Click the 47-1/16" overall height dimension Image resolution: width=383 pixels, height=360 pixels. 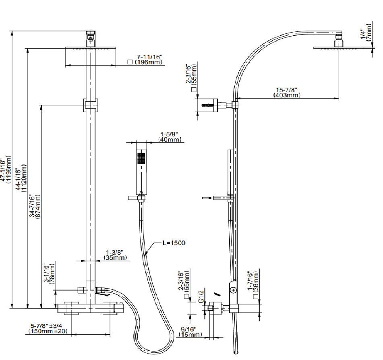coord(6,171)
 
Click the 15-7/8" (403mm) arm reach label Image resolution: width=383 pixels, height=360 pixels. coord(287,93)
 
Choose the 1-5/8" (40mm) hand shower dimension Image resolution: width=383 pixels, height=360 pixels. coord(169,137)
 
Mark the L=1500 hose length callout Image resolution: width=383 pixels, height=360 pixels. coord(174,243)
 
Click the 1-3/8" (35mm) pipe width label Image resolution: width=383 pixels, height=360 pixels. coord(116,255)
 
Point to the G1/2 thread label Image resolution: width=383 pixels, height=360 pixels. coord(201,295)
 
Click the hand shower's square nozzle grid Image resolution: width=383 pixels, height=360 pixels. coord(141,158)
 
